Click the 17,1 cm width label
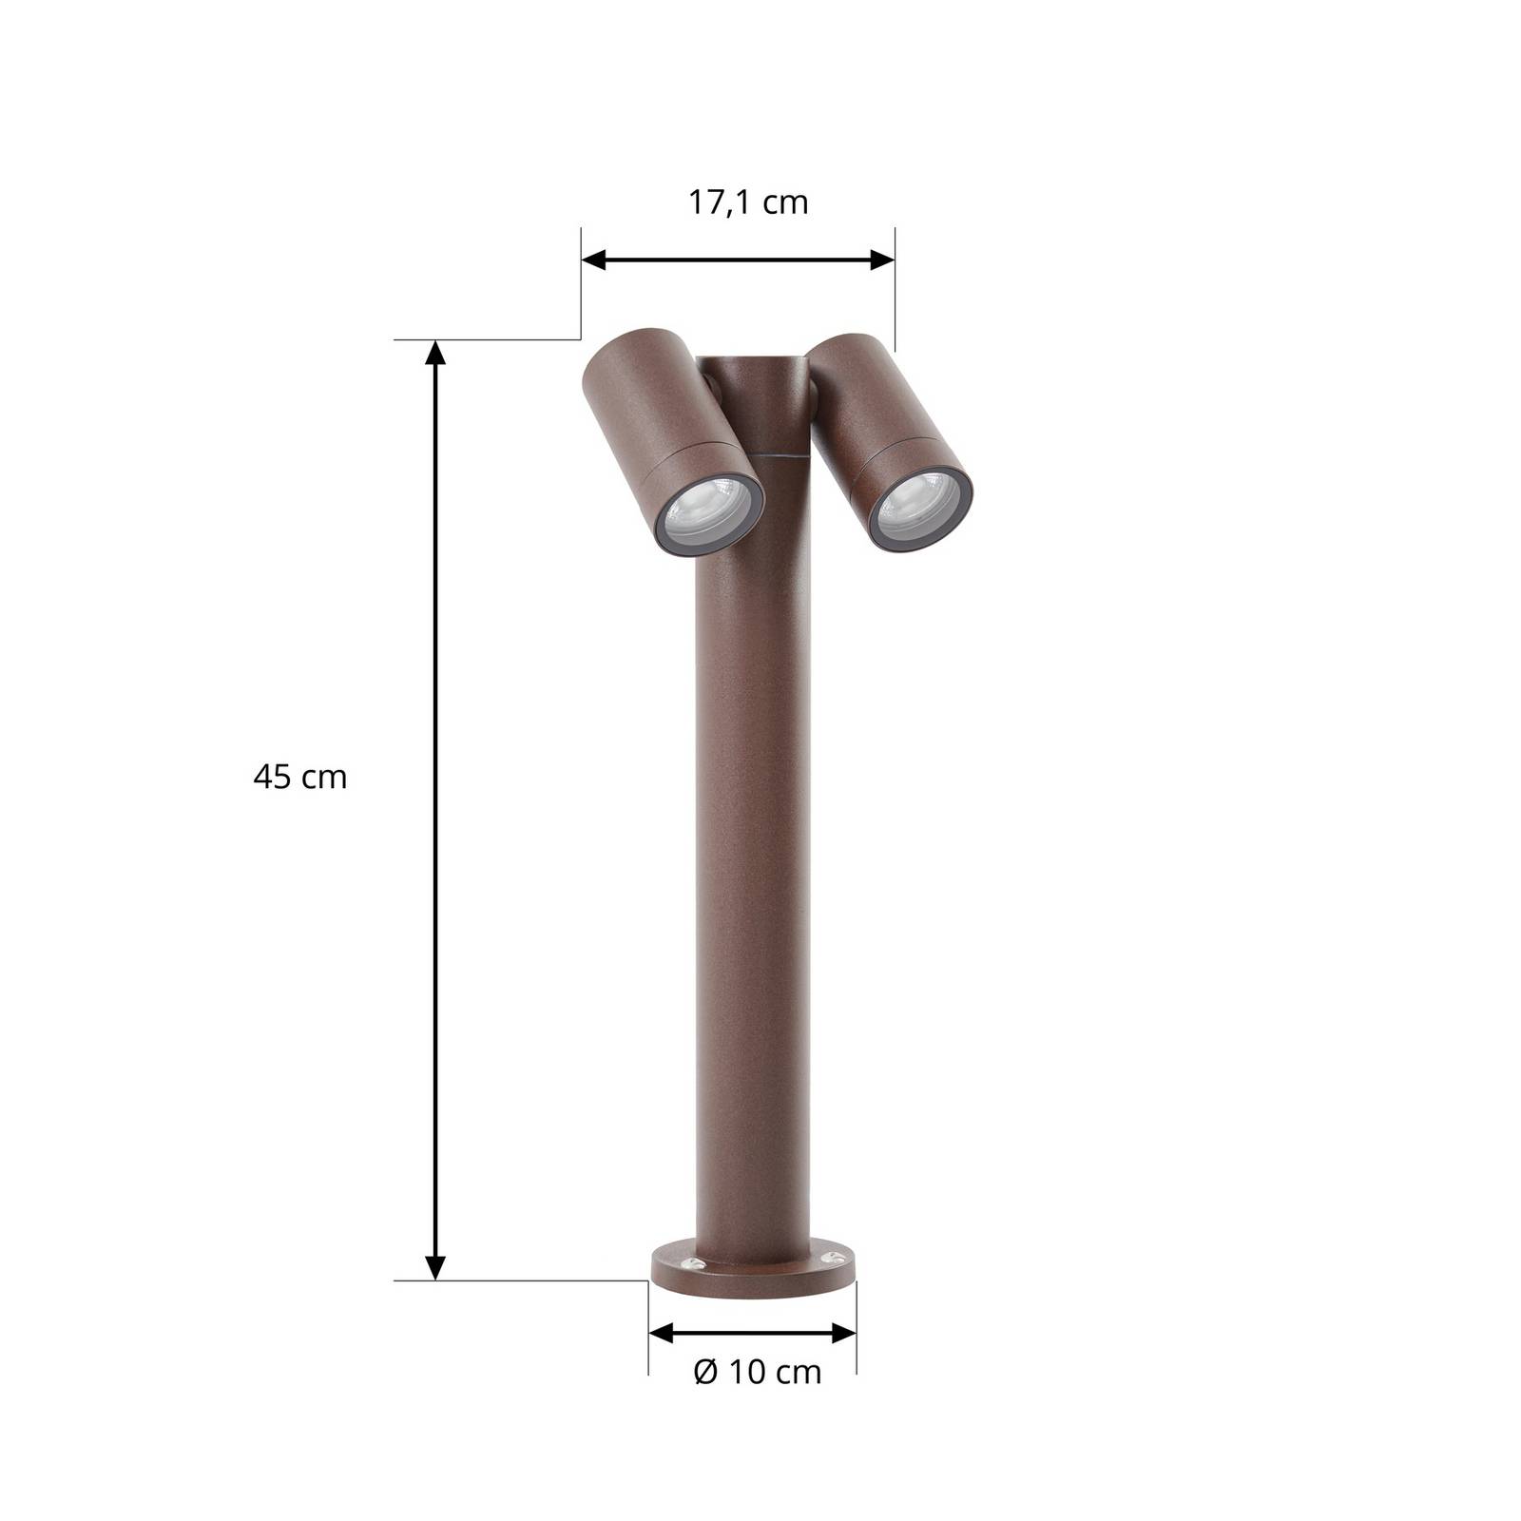748,202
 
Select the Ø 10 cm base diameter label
758,1372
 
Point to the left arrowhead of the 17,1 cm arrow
594,259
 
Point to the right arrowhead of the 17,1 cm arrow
881,259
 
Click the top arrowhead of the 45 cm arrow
434,353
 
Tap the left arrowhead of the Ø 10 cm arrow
662,1333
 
